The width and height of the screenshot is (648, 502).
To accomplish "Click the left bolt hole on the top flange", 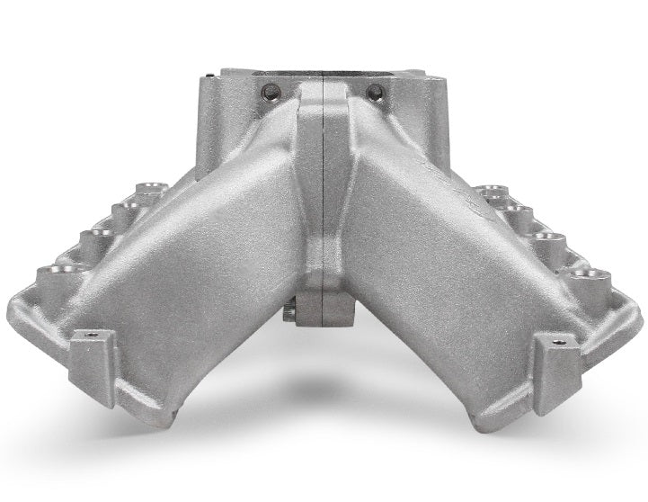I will tap(266, 92).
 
